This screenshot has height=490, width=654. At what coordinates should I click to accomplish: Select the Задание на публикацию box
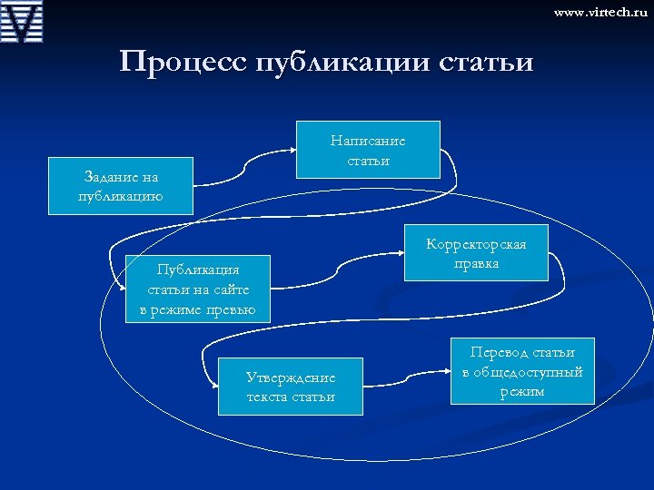[x=121, y=186]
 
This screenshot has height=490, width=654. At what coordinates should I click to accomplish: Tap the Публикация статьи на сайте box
[x=198, y=289]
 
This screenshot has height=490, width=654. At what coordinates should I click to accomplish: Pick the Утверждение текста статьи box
[x=291, y=387]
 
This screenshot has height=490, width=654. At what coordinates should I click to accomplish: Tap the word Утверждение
[x=291, y=377]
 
